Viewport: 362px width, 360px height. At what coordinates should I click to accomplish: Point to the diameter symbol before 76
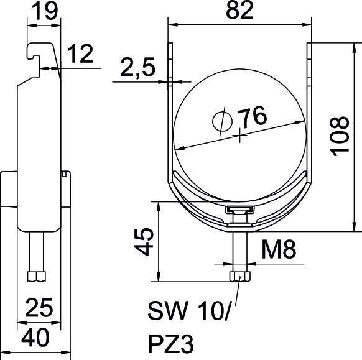click(x=222, y=122)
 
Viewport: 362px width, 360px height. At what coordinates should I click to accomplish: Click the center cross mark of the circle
click(x=239, y=135)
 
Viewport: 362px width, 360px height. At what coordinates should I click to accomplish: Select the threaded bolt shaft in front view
click(x=239, y=249)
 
